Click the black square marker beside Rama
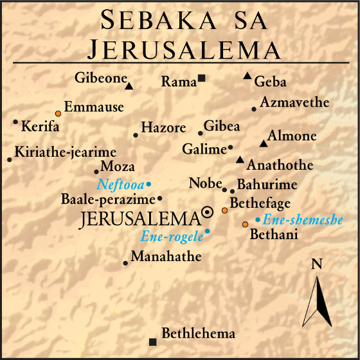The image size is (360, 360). click(x=202, y=78)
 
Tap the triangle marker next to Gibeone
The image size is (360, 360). click(x=129, y=85)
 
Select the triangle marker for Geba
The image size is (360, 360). click(x=248, y=76)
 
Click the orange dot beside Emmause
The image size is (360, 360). click(x=58, y=113)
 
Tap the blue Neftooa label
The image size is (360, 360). click(x=120, y=184)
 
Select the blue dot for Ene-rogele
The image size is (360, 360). click(x=207, y=231)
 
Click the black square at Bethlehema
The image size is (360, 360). click(x=152, y=341)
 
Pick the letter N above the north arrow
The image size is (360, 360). click(x=316, y=264)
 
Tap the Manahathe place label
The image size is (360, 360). click(x=166, y=256)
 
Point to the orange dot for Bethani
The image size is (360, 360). click(x=245, y=224)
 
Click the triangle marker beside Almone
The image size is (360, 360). click(x=262, y=143)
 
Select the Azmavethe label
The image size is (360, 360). click(x=294, y=102)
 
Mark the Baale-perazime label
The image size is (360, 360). click(x=109, y=199)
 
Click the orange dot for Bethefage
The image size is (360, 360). click(x=224, y=210)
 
